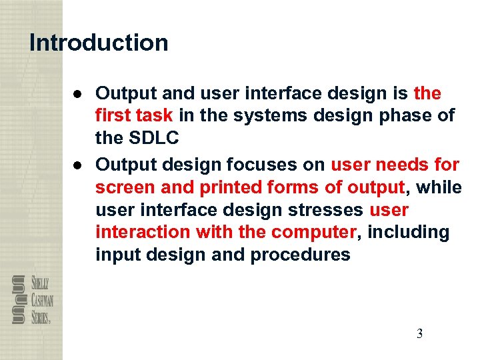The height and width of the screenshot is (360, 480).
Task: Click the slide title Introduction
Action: coord(99,43)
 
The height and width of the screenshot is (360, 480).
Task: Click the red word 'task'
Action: coord(155,115)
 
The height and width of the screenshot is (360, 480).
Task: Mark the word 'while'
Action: coord(437,187)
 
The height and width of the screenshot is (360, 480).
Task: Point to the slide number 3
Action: coord(419,334)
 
